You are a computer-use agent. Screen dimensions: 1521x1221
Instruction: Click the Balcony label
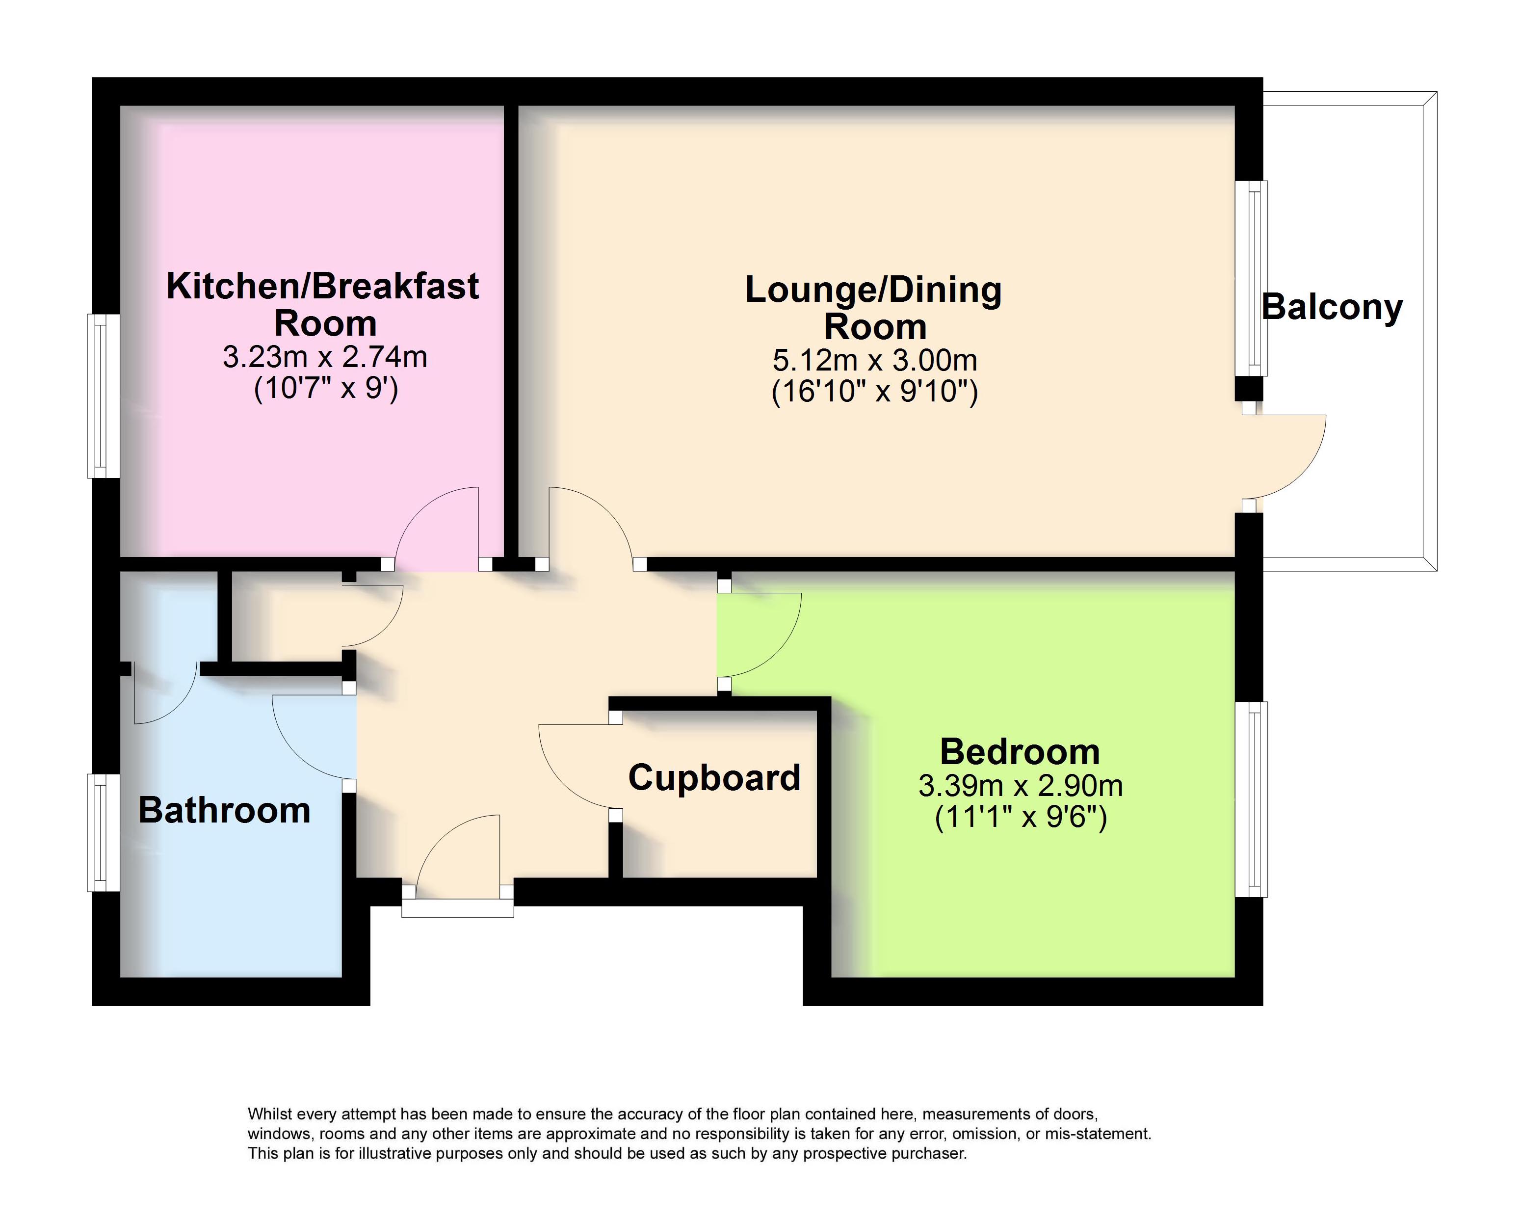point(1332,308)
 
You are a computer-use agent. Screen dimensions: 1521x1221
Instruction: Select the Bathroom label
point(224,810)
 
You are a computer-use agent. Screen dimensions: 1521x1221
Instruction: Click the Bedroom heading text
point(1020,752)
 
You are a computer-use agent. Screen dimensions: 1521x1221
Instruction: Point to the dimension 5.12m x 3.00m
point(875,361)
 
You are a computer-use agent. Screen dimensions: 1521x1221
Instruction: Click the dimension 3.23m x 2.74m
point(325,357)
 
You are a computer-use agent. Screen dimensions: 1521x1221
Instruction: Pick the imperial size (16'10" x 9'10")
point(875,392)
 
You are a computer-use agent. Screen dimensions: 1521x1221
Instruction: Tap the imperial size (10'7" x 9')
point(326,388)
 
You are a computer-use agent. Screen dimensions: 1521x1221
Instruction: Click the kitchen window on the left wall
point(103,396)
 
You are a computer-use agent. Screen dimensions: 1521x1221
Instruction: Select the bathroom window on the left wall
point(103,833)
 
